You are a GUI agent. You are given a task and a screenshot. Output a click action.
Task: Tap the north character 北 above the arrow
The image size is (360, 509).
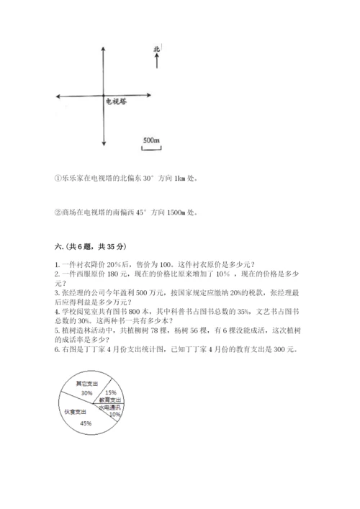click(156, 49)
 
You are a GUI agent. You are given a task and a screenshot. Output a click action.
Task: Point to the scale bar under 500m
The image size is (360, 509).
click(150, 148)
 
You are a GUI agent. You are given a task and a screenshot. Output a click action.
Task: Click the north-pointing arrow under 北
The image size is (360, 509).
click(156, 63)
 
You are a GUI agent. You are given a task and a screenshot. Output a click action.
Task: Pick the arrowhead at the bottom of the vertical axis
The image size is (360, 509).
click(106, 147)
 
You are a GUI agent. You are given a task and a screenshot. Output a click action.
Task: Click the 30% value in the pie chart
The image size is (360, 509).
click(86, 393)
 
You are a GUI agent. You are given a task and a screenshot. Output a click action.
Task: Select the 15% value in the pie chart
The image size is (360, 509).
click(111, 392)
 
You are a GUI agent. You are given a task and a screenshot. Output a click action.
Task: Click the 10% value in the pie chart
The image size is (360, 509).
click(114, 414)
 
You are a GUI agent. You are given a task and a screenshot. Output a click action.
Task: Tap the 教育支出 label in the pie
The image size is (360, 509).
click(110, 400)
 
